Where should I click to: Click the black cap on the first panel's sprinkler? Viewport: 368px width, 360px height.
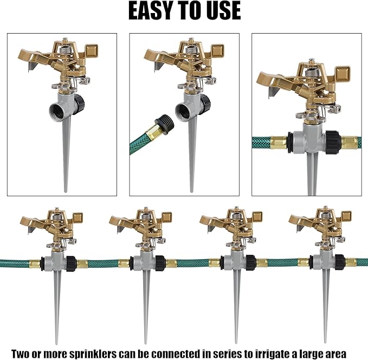pyautogui.click(x=79, y=103)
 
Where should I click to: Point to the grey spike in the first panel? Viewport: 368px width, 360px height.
pyautogui.click(x=66, y=157)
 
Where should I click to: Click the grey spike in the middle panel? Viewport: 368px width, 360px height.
pyautogui.click(x=191, y=157)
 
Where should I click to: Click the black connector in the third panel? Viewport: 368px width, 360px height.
pyautogui.click(x=332, y=142)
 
